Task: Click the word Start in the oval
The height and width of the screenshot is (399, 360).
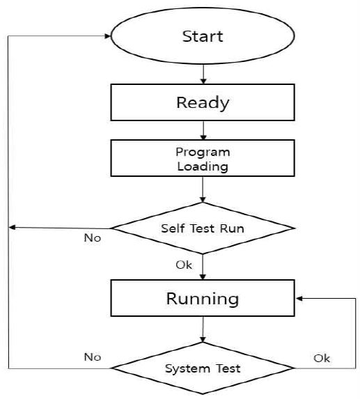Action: click(203, 36)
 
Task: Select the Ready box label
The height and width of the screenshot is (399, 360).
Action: click(203, 103)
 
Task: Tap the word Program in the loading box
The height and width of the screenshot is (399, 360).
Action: click(203, 152)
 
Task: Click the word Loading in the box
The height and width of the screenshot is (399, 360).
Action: click(203, 167)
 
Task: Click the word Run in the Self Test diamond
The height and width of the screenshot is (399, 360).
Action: click(232, 228)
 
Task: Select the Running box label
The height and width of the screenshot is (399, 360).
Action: click(203, 299)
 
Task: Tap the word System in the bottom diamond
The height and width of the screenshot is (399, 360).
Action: click(187, 369)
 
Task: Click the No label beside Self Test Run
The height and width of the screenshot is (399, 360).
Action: click(93, 238)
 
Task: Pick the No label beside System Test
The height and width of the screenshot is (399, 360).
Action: click(93, 357)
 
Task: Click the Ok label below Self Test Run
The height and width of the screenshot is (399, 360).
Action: click(184, 265)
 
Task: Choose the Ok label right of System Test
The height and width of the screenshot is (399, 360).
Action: click(322, 359)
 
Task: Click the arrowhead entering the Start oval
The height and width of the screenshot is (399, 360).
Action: click(108, 36)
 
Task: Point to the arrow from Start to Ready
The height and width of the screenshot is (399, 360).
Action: click(203, 74)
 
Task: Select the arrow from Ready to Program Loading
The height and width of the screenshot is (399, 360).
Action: click(203, 130)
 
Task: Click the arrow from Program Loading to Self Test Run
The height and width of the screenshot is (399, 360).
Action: click(203, 189)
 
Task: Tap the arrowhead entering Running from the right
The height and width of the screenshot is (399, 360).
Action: click(299, 298)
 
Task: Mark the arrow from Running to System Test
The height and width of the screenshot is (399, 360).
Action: click(203, 329)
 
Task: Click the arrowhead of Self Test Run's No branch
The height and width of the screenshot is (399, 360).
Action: click(12, 227)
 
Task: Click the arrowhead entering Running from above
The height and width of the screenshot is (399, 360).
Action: click(203, 277)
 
